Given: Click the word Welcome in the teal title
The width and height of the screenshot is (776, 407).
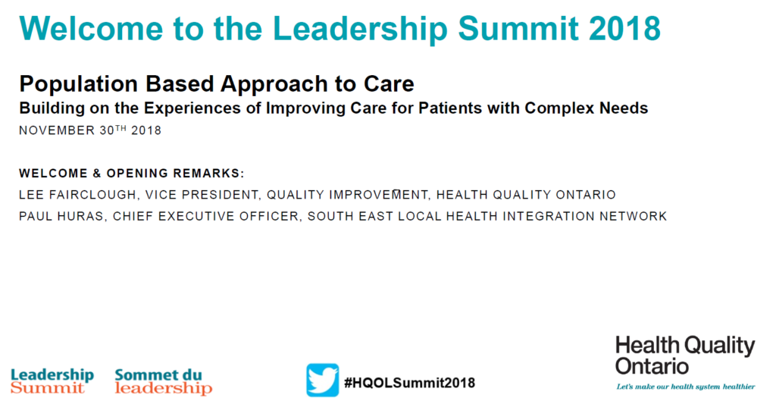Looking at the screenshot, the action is click(92, 28).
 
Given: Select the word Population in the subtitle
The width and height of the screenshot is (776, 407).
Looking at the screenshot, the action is click(78, 84).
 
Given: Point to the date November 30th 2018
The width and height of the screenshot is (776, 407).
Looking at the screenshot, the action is click(90, 130).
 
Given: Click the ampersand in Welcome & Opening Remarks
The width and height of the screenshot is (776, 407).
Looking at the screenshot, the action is click(97, 174).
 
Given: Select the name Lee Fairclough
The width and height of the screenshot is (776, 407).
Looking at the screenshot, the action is click(78, 195).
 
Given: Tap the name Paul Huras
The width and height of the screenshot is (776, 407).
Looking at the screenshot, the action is click(62, 216).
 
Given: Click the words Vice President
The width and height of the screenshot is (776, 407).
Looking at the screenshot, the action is click(202, 195).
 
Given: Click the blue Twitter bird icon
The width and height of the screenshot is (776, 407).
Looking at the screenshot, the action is click(322, 380).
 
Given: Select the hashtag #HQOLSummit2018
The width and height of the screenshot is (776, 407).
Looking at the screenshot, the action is click(409, 383).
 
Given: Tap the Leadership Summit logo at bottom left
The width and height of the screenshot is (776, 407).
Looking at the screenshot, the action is click(52, 381).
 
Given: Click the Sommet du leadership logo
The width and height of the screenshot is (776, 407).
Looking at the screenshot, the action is click(164, 381).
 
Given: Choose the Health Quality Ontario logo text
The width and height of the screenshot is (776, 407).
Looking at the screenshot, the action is click(685, 355).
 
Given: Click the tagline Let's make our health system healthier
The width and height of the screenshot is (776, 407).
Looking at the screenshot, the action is click(685, 387).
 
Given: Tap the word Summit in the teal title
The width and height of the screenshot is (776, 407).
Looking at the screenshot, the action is click(518, 28).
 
